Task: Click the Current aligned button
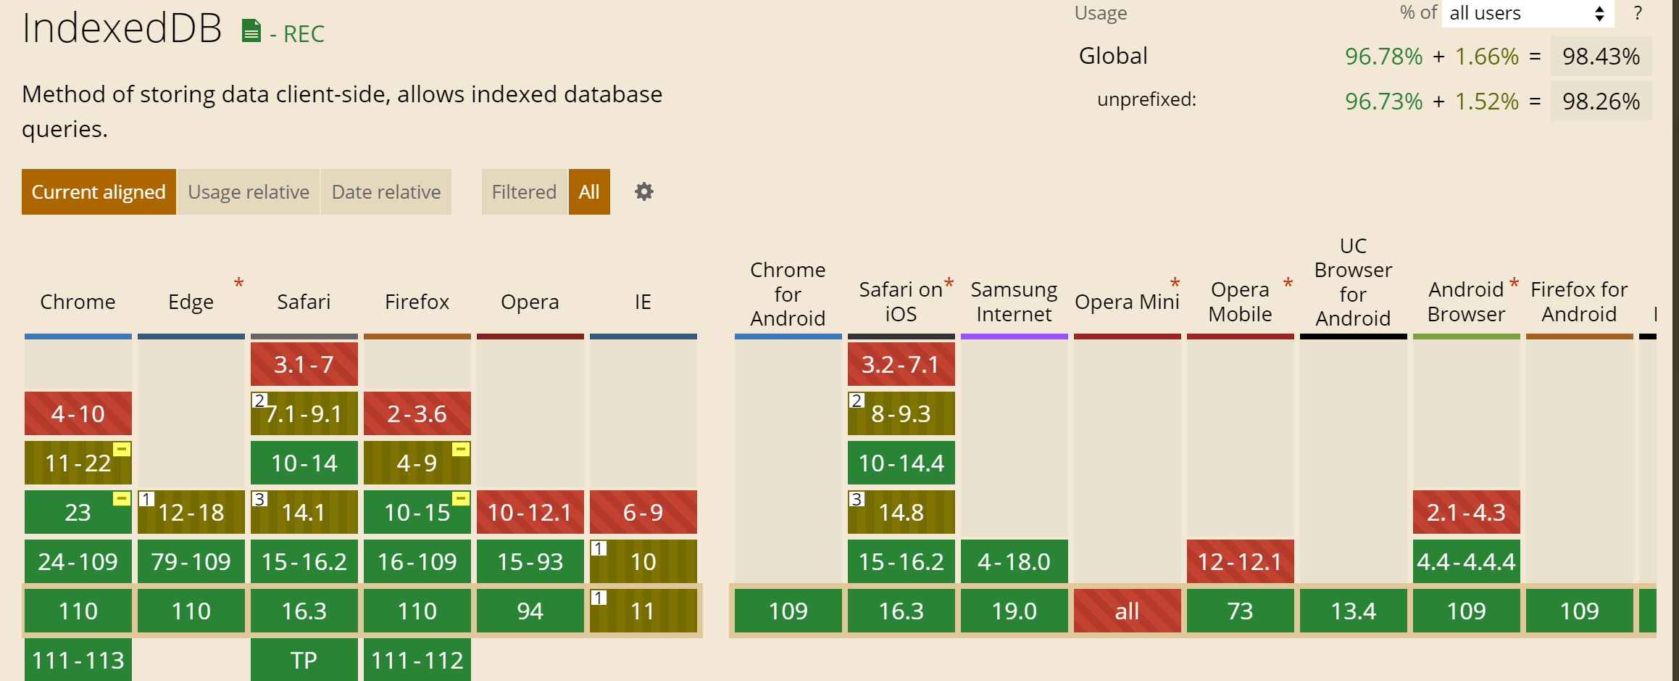tap(99, 192)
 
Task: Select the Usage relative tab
tap(249, 192)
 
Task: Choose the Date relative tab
tap(386, 192)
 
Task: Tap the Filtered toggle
tap(524, 192)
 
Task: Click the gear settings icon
tap(644, 192)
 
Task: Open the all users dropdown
tap(1527, 14)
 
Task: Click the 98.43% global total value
tap(1601, 57)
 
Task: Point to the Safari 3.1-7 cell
tap(304, 364)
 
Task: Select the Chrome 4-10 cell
tap(78, 413)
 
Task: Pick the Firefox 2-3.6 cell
tap(417, 413)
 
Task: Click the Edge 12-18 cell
tap(191, 512)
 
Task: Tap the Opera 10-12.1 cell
tap(530, 512)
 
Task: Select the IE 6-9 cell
tap(643, 512)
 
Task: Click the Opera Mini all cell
tap(1128, 611)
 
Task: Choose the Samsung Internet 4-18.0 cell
tap(1015, 561)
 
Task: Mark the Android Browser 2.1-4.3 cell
tap(1467, 512)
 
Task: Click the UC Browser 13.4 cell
tap(1354, 611)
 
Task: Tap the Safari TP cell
tap(304, 659)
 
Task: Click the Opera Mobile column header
tap(1241, 302)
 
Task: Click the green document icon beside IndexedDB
tap(251, 31)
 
